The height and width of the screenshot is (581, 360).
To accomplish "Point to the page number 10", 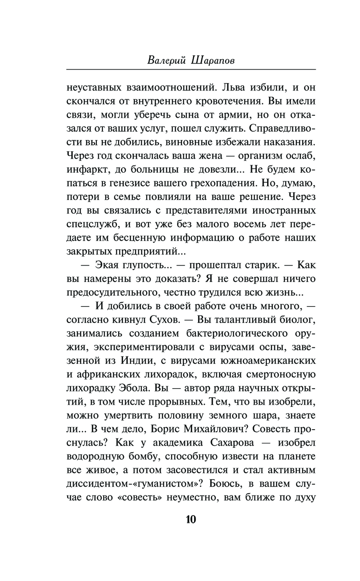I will [x=191, y=519].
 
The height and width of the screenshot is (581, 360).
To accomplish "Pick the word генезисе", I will [x=131, y=183].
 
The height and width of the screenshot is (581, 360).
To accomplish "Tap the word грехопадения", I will [x=221, y=183].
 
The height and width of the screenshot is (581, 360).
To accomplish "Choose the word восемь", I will [x=242, y=224].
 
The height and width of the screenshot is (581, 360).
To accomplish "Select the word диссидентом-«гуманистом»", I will [x=134, y=484].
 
